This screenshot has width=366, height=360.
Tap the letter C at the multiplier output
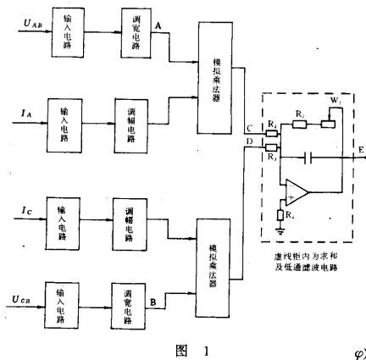click(248, 128)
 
